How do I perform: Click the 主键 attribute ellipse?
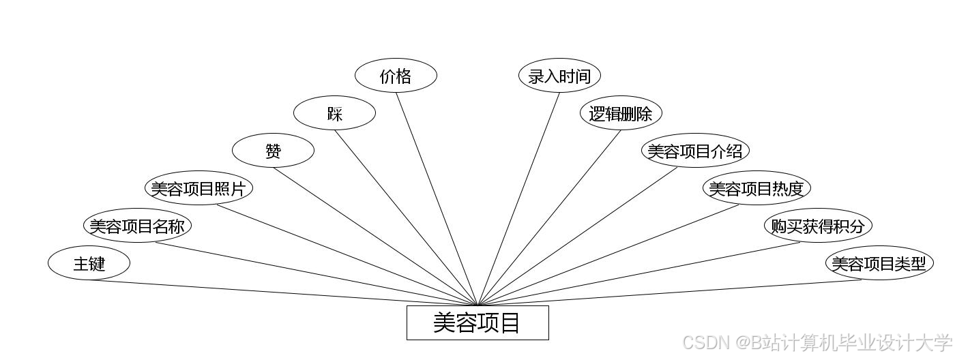coord(89,263)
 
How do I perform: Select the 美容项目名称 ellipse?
coord(137,226)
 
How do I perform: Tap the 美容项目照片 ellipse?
coord(199,188)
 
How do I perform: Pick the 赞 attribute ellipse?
coord(273,151)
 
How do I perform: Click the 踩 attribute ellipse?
coord(334,113)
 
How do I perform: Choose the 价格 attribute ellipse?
coord(396,76)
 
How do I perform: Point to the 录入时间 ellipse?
coord(559,76)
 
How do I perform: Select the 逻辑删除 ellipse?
coord(621,113)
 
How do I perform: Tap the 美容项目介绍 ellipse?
coord(695,151)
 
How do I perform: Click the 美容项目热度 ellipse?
coord(756,188)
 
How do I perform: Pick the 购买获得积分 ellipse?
coord(818,226)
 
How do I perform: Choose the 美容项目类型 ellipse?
coord(879,263)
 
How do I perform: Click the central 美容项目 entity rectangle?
coord(477,322)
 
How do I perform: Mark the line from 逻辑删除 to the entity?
coord(549,217)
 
